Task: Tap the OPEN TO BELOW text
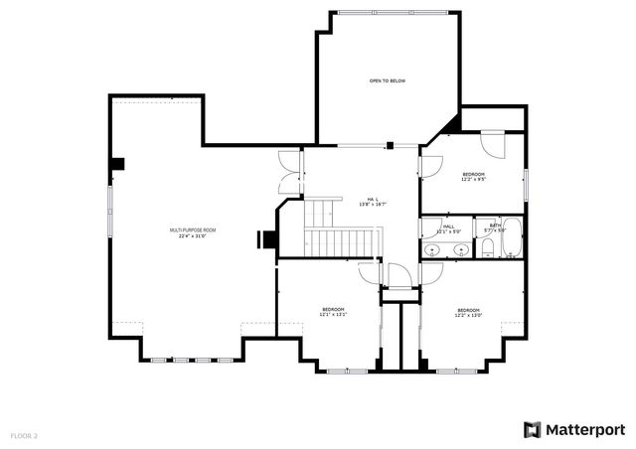click(387, 80)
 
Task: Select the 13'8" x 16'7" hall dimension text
click(373, 205)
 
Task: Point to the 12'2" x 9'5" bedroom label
click(472, 177)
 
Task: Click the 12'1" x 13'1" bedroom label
click(333, 312)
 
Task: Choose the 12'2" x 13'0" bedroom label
click(468, 313)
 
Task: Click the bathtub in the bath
click(513, 237)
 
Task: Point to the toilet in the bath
click(488, 251)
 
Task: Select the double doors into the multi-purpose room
click(288, 170)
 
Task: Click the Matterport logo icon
click(533, 429)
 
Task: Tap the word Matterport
click(585, 429)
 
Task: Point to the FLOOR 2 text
click(24, 435)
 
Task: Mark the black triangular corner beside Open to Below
click(453, 124)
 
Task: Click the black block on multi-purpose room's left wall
click(117, 163)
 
